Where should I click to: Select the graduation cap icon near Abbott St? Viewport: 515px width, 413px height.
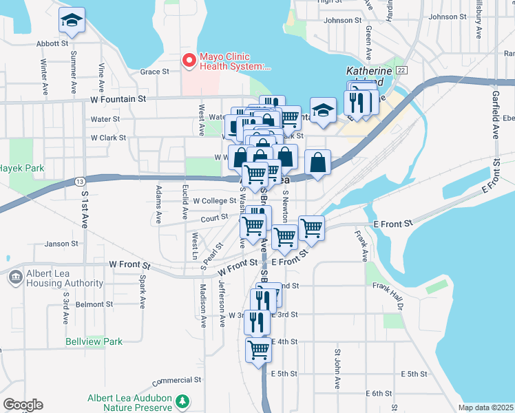[71, 21]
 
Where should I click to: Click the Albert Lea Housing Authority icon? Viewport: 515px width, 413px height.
[15, 278]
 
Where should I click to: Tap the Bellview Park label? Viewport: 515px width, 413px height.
[94, 341]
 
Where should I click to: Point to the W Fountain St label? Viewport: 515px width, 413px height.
[118, 99]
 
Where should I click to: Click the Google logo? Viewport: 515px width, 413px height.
[23, 405]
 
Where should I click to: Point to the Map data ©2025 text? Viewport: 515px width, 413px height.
[485, 407]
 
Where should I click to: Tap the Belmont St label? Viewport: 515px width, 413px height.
[94, 304]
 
